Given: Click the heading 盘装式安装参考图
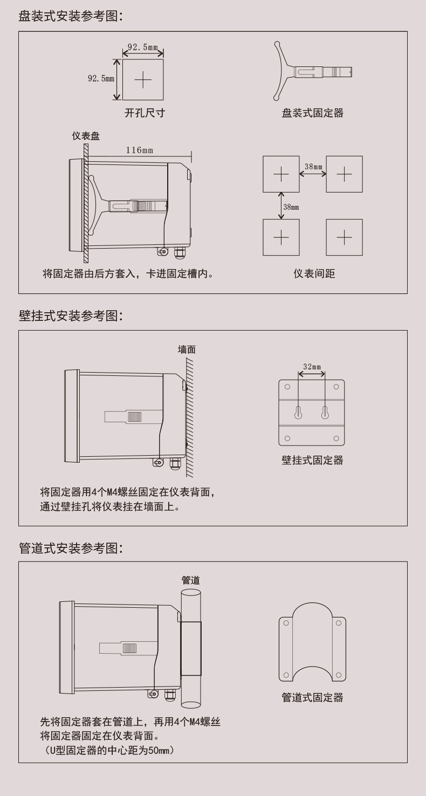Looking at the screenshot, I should tap(71, 16).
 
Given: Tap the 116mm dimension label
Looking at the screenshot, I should tap(139, 150).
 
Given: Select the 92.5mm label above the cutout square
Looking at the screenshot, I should tap(143, 47).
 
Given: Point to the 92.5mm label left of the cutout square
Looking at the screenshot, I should tap(101, 79).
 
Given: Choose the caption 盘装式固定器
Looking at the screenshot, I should tap(312, 113).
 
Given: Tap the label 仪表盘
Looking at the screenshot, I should tap(86, 135).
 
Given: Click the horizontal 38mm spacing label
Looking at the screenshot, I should tap(313, 167).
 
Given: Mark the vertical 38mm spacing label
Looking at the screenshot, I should tap(291, 207).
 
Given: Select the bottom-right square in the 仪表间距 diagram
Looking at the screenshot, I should tap(344, 237).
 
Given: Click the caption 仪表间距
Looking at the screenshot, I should tap(314, 273).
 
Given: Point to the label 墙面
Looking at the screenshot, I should tap(187, 349).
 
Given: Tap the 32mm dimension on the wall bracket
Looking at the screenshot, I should tap(312, 367).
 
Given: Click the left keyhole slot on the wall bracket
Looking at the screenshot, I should tap(298, 413).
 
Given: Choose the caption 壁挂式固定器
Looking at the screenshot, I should tap(312, 460).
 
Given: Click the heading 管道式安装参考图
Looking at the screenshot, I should tap(71, 548).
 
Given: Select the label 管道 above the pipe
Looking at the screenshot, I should tap(191, 580).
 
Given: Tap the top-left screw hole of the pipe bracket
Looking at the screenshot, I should tap(286, 623).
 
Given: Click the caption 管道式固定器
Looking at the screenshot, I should tap(312, 697).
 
